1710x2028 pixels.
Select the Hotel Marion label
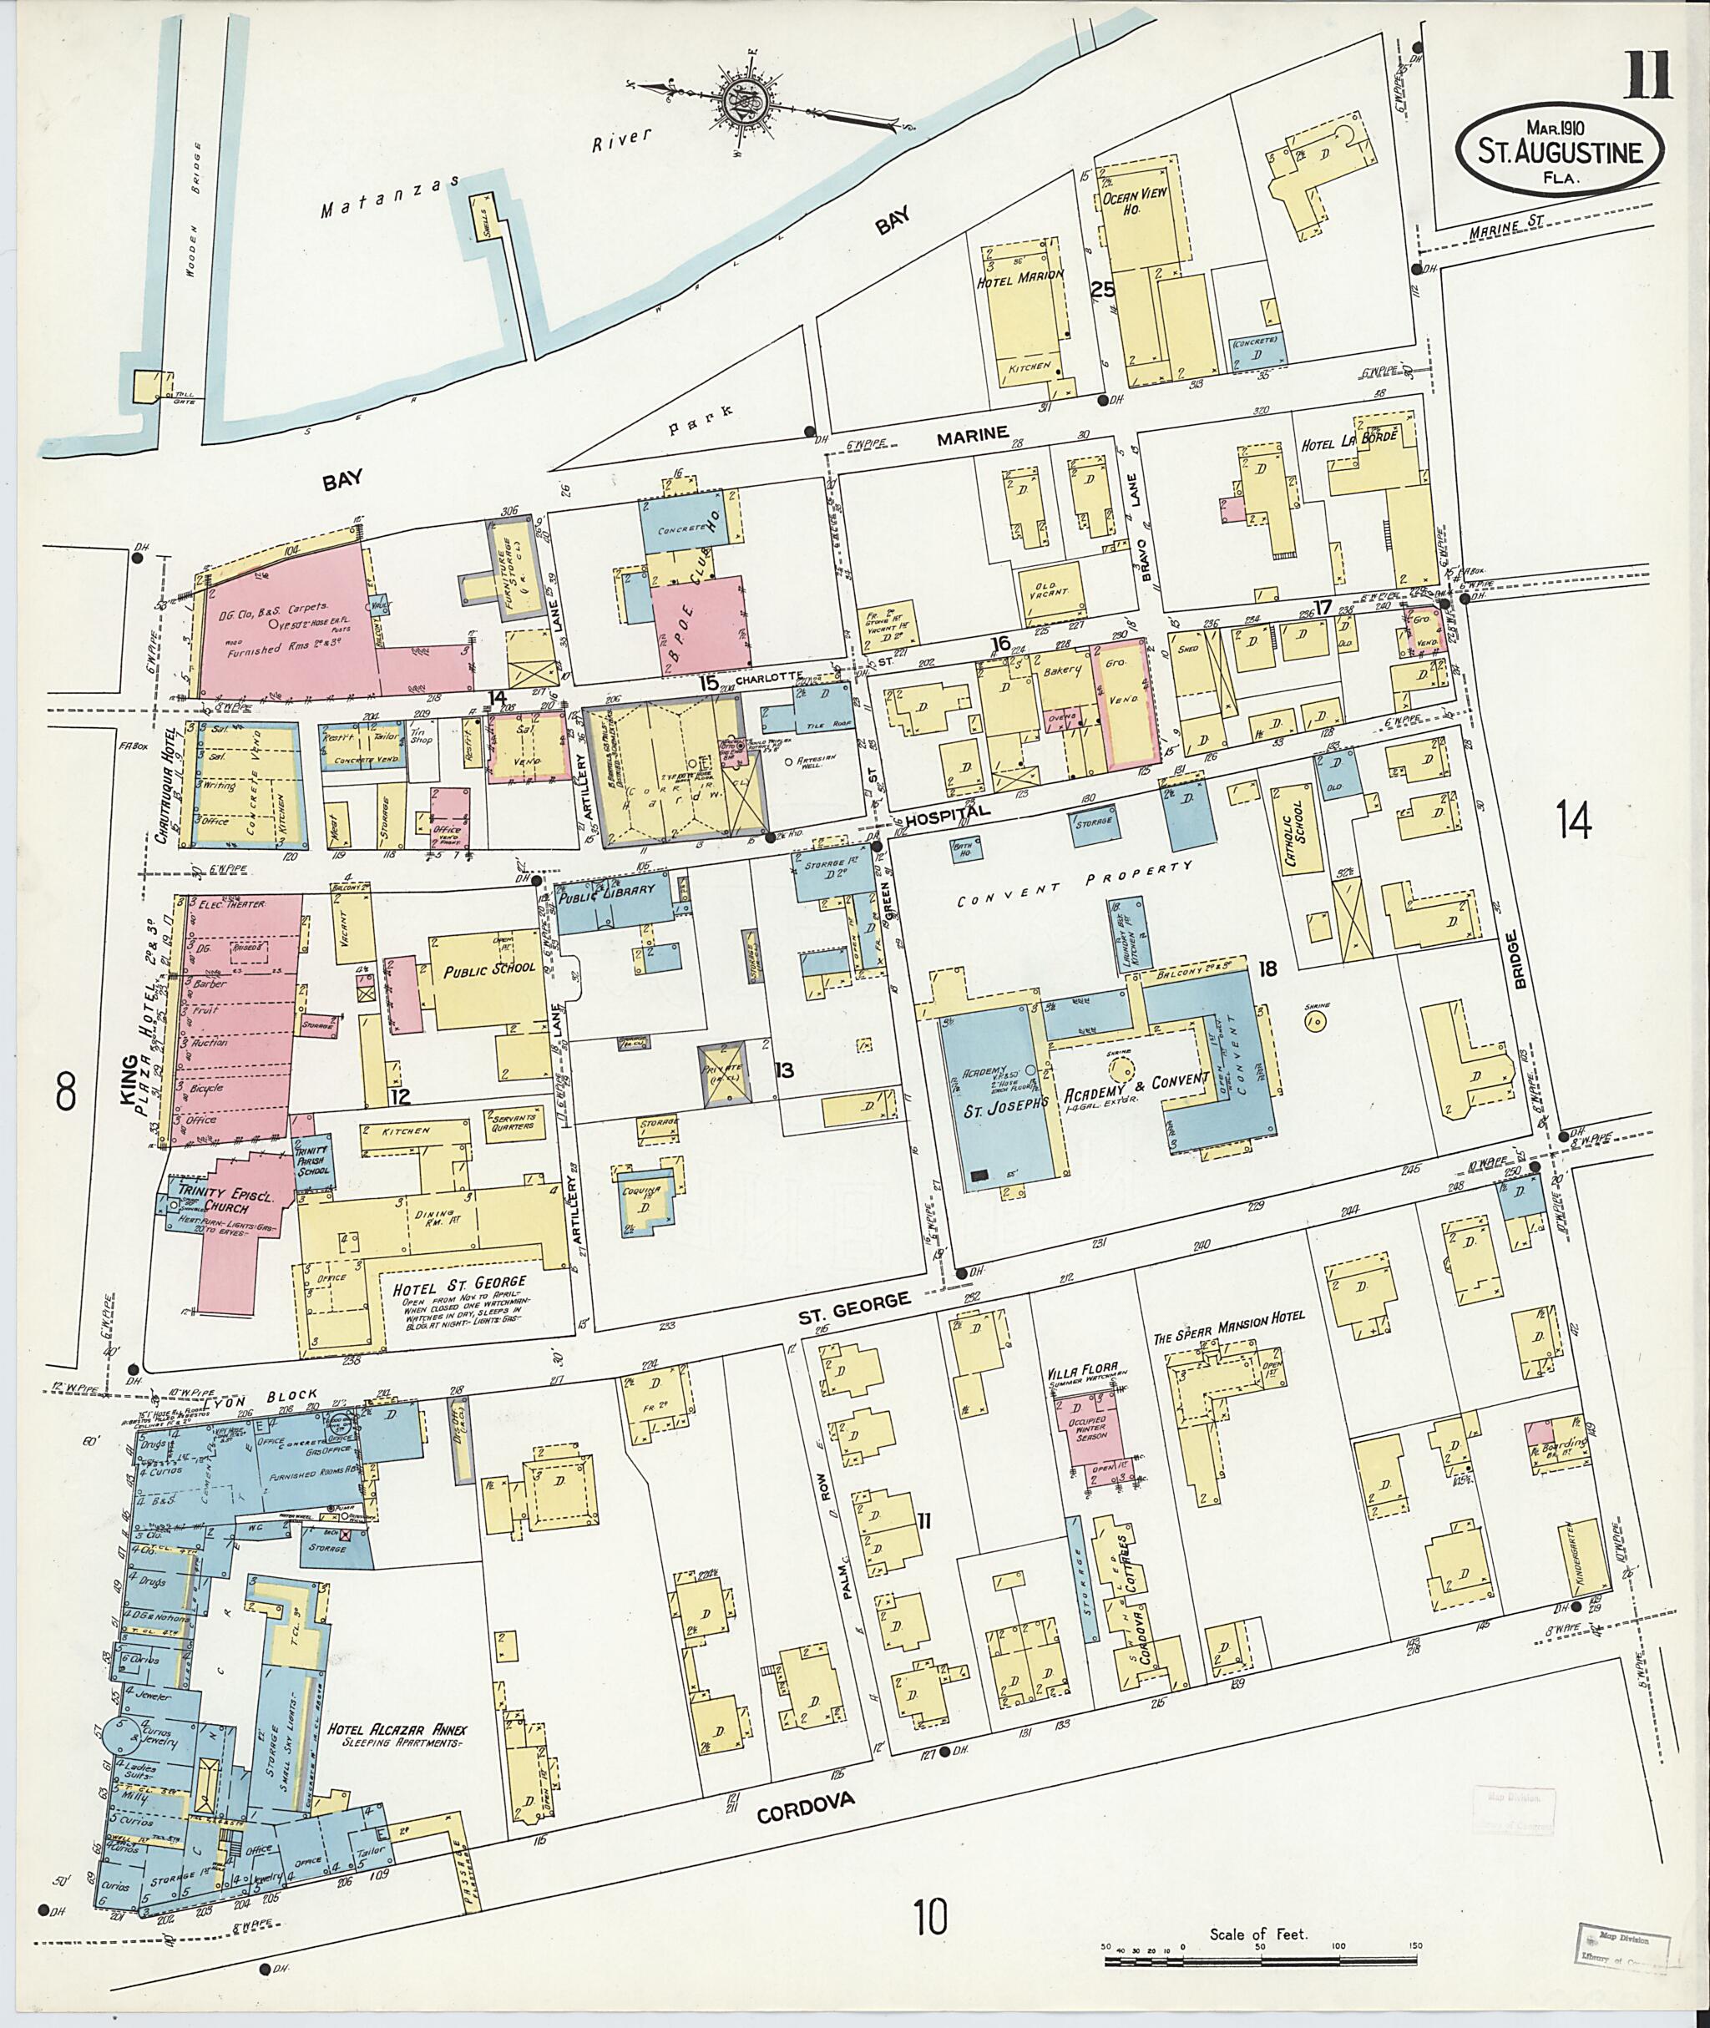[1029, 275]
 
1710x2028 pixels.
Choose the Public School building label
[489, 968]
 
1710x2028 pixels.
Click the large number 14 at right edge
[1573, 823]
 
